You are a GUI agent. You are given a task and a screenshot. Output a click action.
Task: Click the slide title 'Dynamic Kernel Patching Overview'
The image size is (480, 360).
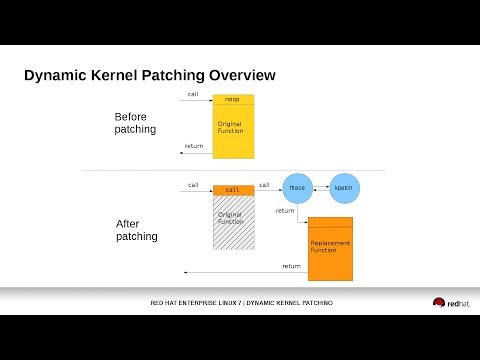[x=149, y=76]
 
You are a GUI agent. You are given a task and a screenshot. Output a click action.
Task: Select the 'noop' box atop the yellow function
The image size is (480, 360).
[x=233, y=100]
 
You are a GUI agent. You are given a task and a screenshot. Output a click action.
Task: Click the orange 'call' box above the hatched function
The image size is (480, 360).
[x=232, y=189]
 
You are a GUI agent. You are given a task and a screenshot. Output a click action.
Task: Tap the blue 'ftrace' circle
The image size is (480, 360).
[x=296, y=187]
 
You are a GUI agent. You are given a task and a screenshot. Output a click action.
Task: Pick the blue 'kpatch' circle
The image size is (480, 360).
[x=343, y=187]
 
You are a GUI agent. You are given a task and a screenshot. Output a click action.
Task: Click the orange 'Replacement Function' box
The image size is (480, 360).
[x=330, y=247]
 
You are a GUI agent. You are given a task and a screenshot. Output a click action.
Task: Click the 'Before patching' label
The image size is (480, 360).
[x=135, y=123]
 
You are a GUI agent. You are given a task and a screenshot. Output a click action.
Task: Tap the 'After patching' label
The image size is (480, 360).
[x=136, y=229]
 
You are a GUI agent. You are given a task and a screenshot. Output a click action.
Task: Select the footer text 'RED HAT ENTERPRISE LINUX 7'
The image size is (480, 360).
[x=195, y=303]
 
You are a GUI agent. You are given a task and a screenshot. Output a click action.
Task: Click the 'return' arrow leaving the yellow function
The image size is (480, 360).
[x=195, y=151]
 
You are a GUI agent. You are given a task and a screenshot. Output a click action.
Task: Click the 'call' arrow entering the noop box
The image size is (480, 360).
[x=198, y=101]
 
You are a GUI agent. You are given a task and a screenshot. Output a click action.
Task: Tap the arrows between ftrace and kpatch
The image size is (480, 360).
[x=320, y=187]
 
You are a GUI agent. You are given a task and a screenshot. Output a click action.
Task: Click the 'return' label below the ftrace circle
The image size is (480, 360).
[x=285, y=211]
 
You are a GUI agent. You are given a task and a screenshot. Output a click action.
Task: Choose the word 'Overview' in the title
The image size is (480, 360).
[x=236, y=76]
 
